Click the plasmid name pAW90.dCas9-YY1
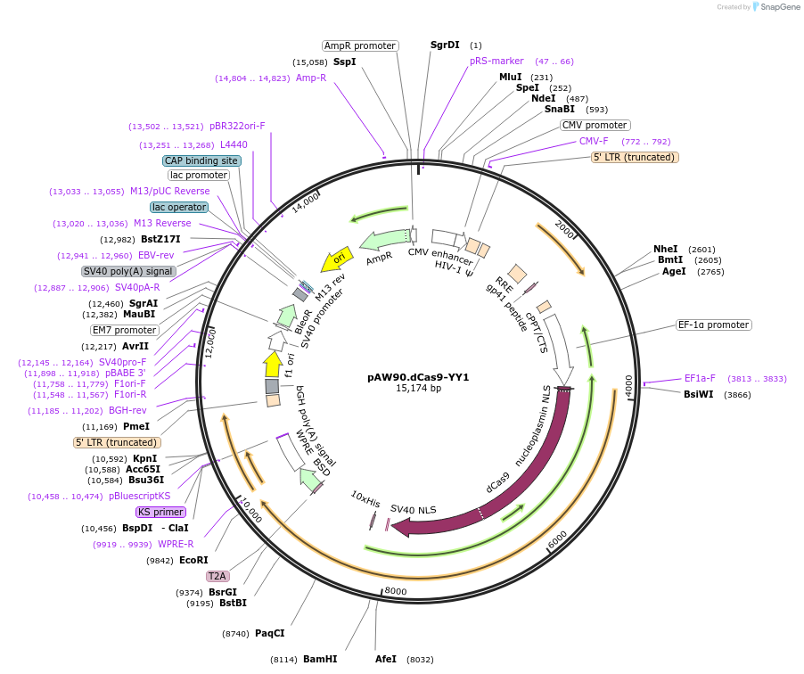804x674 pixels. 418,377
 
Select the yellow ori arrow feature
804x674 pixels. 334,259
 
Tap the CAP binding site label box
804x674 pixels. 201,160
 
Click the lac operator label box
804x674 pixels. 179,207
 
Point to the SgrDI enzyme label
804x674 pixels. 445,45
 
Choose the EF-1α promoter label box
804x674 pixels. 713,325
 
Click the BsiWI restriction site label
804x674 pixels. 699,394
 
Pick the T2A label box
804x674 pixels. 217,576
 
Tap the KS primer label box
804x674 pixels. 160,512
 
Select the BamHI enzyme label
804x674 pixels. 320,659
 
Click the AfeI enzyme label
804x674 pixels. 386,659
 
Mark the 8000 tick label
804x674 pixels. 395,590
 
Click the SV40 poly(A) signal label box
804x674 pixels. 128,271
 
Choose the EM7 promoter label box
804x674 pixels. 125,330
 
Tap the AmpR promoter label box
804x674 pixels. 360,45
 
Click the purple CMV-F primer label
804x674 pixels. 594,141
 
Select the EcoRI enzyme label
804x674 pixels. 193,560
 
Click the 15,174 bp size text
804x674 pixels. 418,389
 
